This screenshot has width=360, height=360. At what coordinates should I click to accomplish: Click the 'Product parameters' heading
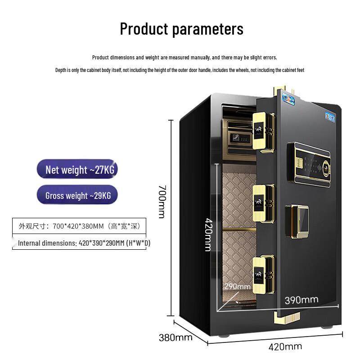(x=182, y=29)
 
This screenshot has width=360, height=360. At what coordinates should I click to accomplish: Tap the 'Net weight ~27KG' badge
(x=77, y=169)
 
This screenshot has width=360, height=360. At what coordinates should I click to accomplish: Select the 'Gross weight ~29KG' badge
(x=77, y=195)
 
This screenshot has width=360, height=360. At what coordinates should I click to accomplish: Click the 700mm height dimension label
(x=162, y=201)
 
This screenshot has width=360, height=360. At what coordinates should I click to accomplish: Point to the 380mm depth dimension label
(x=175, y=337)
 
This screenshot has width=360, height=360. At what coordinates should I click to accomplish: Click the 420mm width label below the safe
(x=285, y=346)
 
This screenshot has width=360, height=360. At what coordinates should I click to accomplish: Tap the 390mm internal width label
(x=301, y=300)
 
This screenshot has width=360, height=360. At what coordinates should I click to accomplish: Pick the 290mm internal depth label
(x=238, y=286)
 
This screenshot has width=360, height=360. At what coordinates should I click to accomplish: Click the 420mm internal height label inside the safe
(x=208, y=234)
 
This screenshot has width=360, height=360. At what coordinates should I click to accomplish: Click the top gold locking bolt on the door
(x=263, y=132)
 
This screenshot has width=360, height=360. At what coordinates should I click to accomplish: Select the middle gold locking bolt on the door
(x=263, y=203)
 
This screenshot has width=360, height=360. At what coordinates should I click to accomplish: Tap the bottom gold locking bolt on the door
(x=263, y=275)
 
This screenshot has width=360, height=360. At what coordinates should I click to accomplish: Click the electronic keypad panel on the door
(x=309, y=165)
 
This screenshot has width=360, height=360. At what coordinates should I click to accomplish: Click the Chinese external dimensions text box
(x=79, y=226)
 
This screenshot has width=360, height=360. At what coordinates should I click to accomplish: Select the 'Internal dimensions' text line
(x=84, y=243)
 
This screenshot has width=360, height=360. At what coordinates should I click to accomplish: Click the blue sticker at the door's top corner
(x=288, y=99)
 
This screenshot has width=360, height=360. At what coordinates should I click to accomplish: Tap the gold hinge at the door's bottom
(x=287, y=318)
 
